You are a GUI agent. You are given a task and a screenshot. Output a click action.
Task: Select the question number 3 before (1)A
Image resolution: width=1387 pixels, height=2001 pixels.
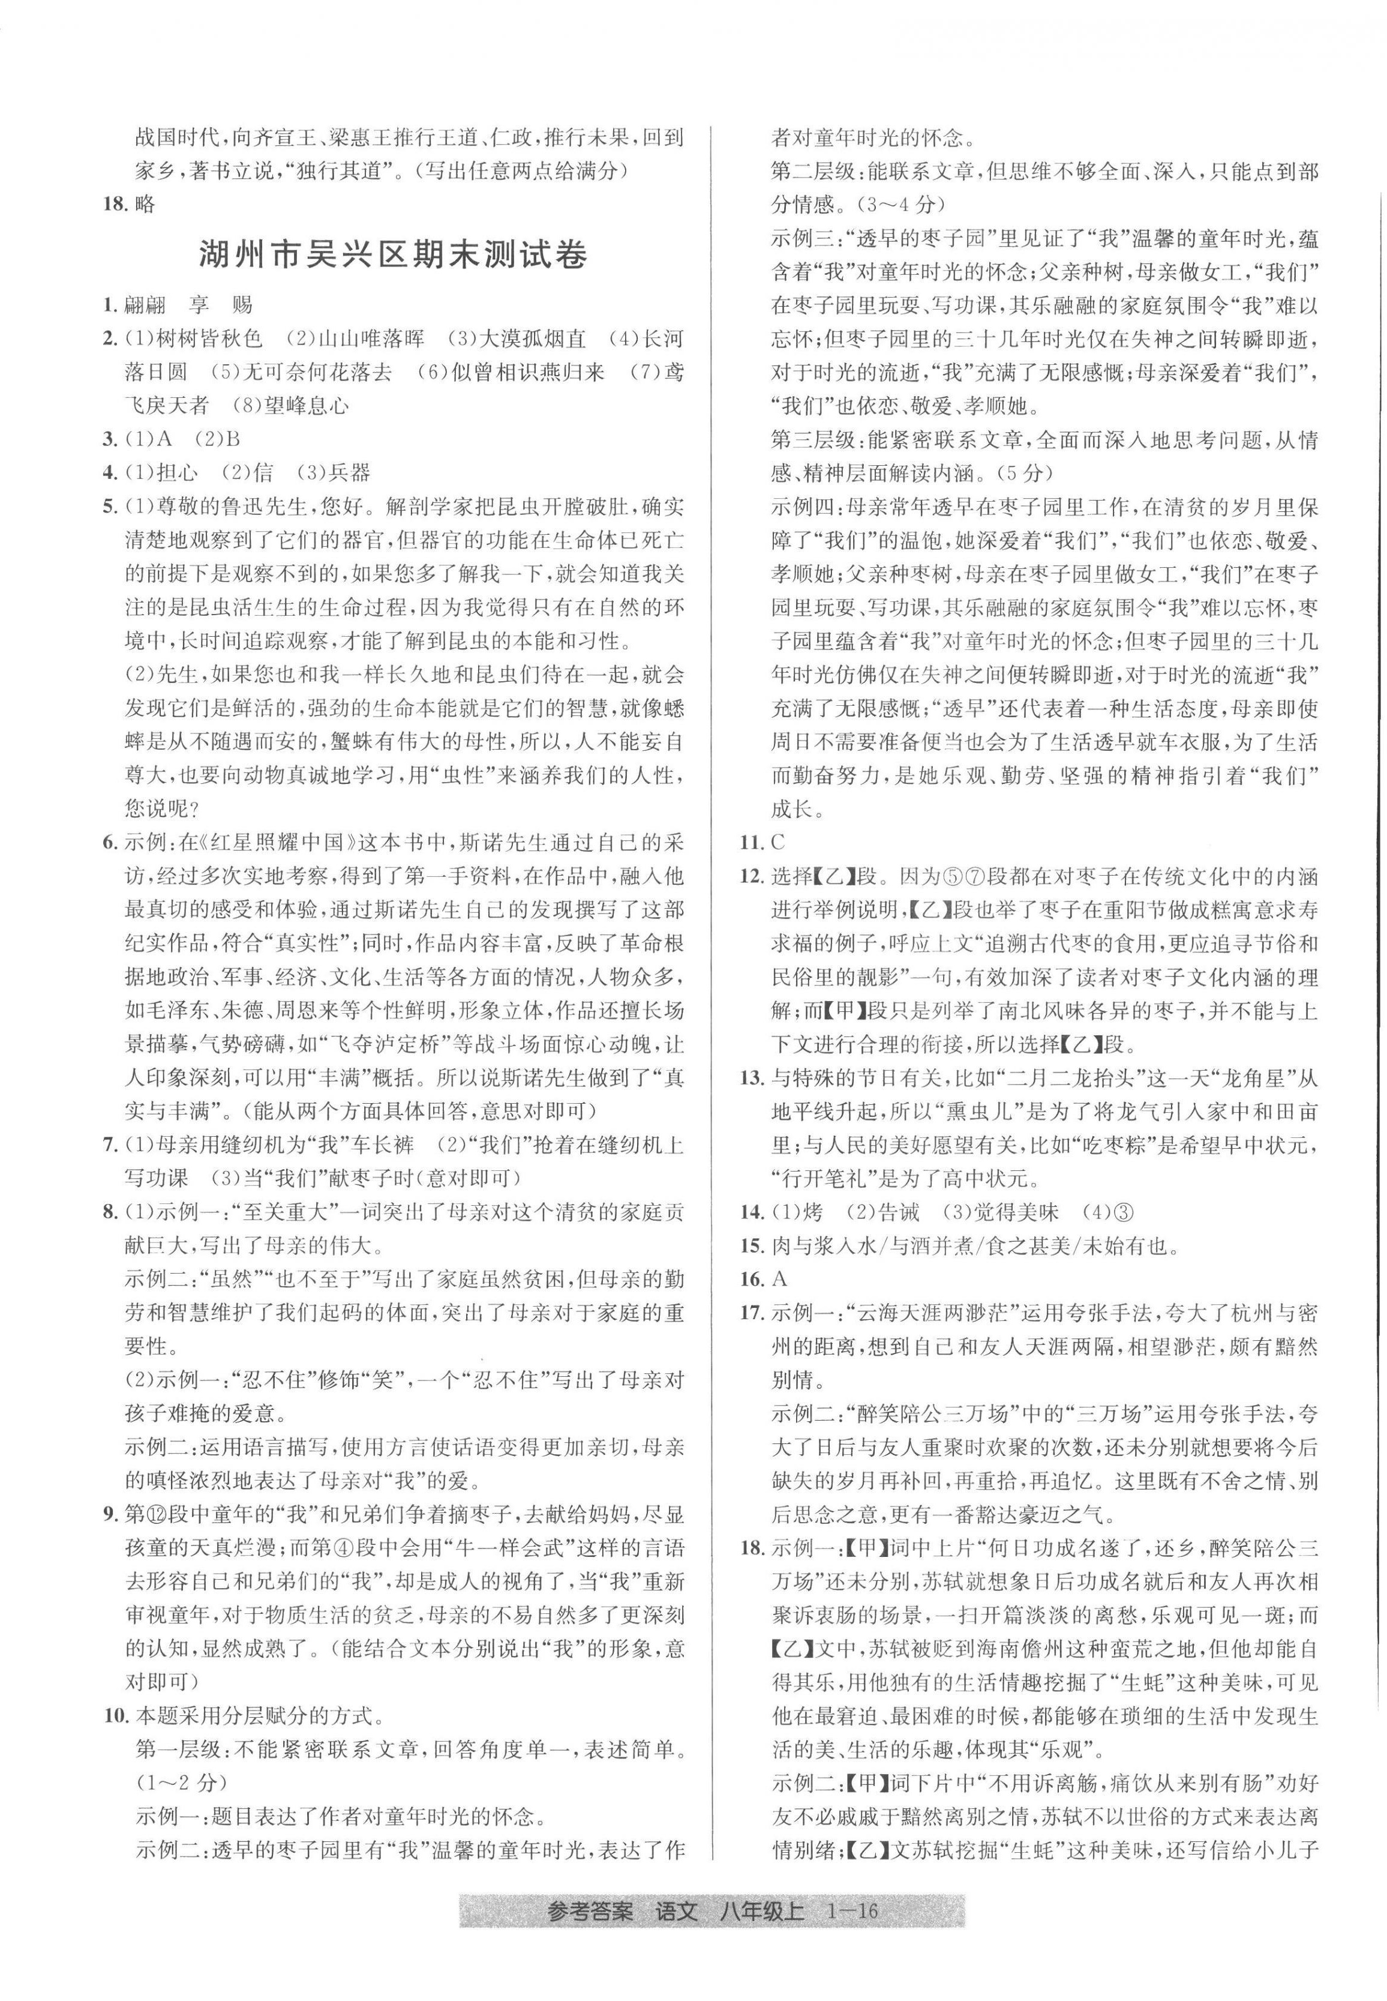tap(110, 439)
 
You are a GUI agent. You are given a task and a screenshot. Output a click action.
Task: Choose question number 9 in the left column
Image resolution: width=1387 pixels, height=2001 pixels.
tap(110, 1514)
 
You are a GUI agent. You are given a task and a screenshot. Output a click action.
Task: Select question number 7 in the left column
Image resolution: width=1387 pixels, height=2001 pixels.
tap(110, 1144)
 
